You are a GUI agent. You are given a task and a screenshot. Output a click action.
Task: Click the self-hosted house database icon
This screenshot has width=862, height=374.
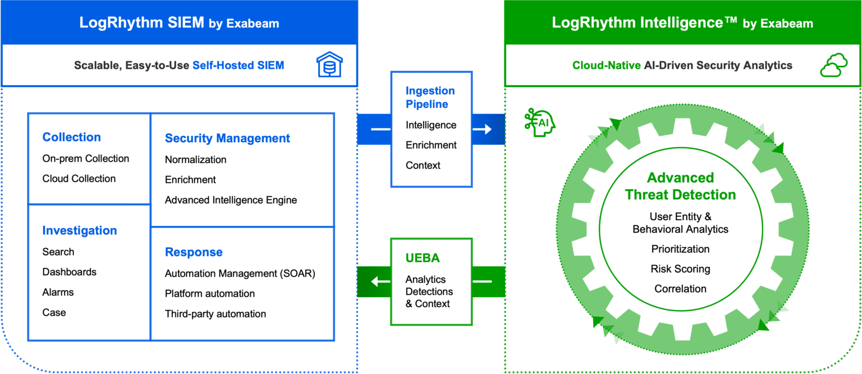[x=329, y=65]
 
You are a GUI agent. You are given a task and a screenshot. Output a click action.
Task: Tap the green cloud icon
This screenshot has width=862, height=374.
[x=834, y=65]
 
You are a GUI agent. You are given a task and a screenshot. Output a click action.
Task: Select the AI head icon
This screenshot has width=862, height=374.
[x=539, y=122]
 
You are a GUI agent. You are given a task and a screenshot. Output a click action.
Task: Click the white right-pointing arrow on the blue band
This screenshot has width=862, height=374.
[x=482, y=129]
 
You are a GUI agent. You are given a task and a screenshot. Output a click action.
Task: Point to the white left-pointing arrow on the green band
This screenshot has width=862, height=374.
[x=380, y=281]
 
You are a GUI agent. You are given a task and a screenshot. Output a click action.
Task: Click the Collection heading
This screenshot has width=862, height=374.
[x=72, y=137]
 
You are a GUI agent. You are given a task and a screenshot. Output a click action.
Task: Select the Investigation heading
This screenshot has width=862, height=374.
[x=80, y=230]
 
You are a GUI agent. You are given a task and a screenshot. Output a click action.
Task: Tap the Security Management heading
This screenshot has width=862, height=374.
[x=227, y=138]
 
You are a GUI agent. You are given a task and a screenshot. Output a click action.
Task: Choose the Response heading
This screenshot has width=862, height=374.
[x=194, y=252]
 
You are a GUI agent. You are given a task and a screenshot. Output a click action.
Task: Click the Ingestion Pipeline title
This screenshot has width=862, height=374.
[x=430, y=97]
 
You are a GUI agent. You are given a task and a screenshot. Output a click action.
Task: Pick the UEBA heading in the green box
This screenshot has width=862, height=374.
[x=423, y=258]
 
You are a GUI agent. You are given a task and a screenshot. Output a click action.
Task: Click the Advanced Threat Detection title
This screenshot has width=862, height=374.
[x=680, y=186]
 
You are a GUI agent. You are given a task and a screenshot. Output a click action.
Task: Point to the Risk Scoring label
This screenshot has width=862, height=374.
[x=680, y=269]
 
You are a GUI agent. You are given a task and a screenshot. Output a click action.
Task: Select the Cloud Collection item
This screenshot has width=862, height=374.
[x=79, y=179]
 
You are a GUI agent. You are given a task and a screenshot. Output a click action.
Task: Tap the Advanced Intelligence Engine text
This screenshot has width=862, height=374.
[x=231, y=200]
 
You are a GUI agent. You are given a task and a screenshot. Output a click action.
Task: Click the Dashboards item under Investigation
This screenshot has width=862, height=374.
[x=69, y=272]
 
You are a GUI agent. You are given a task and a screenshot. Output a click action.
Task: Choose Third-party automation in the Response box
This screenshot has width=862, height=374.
[x=215, y=314]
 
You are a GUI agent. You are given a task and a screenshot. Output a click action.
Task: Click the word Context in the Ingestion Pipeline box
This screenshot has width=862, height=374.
[x=423, y=165]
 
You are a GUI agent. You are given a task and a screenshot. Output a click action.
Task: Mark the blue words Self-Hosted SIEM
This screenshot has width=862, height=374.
[x=238, y=66]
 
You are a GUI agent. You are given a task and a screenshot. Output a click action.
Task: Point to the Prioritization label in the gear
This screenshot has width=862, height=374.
[x=680, y=249]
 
